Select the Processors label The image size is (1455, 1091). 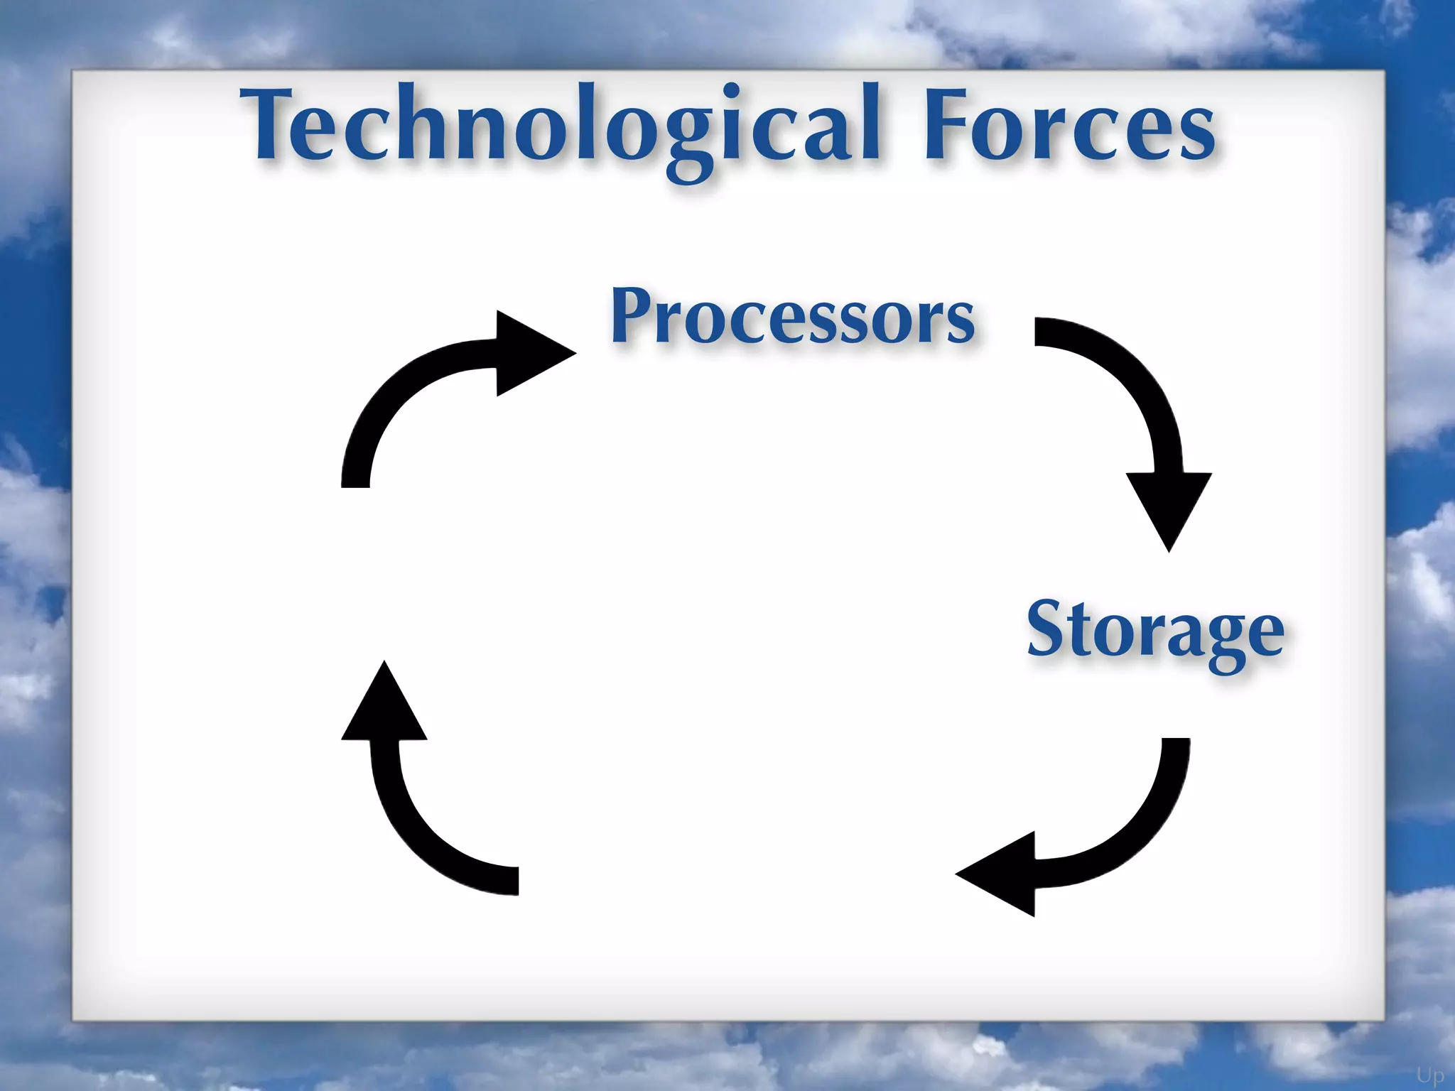coord(792,316)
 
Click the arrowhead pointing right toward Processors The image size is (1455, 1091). coord(533,352)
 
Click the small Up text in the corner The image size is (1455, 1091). coord(1429,1075)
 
